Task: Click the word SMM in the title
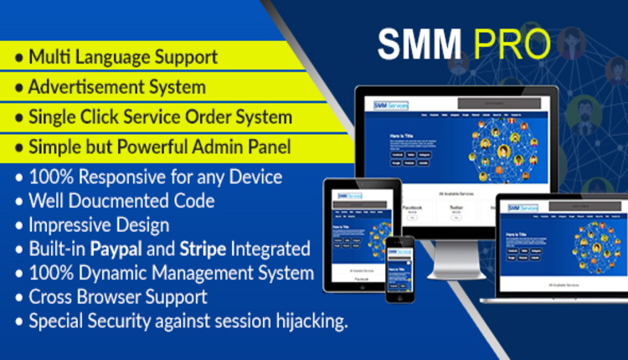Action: pyautogui.click(x=420, y=45)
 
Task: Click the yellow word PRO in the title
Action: pyautogui.click(x=511, y=45)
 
